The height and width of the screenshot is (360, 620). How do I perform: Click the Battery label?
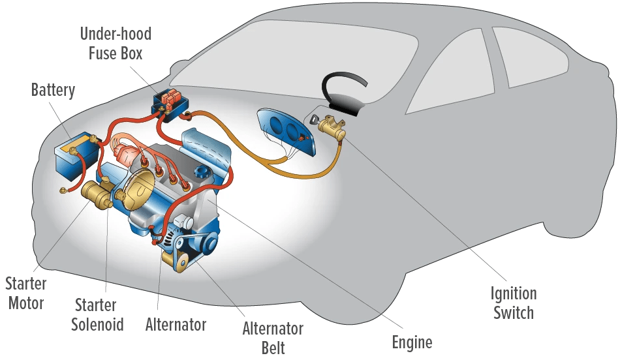53,90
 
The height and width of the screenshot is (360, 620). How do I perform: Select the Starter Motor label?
26,293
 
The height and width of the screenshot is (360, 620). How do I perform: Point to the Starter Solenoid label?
97,314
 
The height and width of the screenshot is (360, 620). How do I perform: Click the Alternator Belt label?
273,338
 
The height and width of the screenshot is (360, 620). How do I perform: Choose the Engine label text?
412,342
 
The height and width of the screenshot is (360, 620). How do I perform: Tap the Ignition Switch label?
514,303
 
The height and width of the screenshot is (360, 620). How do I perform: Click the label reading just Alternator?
176,324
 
